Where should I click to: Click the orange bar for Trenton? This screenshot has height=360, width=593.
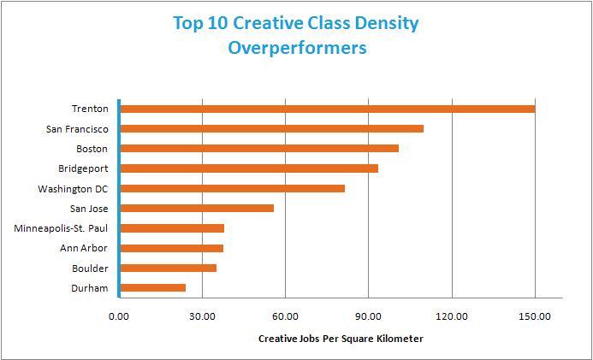327,109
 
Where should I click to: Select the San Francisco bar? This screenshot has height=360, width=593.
271,128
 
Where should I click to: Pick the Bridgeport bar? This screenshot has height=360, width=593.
249,168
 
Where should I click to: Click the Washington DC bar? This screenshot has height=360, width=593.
232,188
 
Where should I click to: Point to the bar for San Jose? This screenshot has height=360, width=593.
197,208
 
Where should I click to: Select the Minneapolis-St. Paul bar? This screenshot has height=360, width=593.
172,228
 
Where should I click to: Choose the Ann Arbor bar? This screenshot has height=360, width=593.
171,248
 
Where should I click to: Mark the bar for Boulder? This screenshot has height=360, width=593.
168,268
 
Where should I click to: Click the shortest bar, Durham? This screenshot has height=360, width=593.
152,288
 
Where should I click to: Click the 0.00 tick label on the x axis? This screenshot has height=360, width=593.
119,316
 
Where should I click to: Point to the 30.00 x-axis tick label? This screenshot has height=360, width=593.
202,316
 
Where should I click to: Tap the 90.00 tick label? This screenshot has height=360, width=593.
368,316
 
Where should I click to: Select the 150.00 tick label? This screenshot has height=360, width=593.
534,316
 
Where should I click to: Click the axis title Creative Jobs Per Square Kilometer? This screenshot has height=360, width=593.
341,339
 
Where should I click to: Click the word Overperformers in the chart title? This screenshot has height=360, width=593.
297,47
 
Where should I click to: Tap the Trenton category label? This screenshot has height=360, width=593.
90,109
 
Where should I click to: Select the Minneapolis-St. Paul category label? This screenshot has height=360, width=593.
62,228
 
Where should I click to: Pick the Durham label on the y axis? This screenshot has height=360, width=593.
90,288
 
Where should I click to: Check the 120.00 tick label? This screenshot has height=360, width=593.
451,316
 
